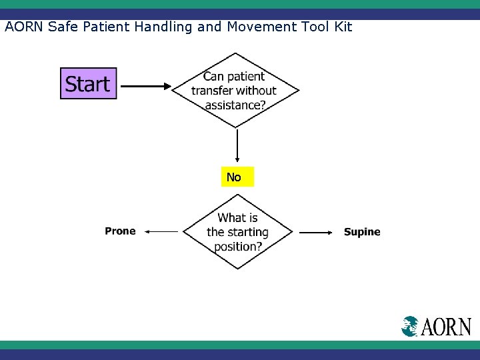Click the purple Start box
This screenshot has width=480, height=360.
88,84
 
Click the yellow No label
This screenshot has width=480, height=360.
237,177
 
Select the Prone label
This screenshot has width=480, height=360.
120,231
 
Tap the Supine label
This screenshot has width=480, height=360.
362,232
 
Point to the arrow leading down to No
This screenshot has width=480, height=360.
237,147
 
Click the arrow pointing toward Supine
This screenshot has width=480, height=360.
315,233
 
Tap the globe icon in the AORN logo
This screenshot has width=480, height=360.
410,326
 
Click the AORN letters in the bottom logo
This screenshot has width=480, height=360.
446,327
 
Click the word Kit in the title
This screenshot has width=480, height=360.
341,27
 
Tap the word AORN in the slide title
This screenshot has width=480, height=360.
24,27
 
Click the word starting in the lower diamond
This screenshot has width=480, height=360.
248,233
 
